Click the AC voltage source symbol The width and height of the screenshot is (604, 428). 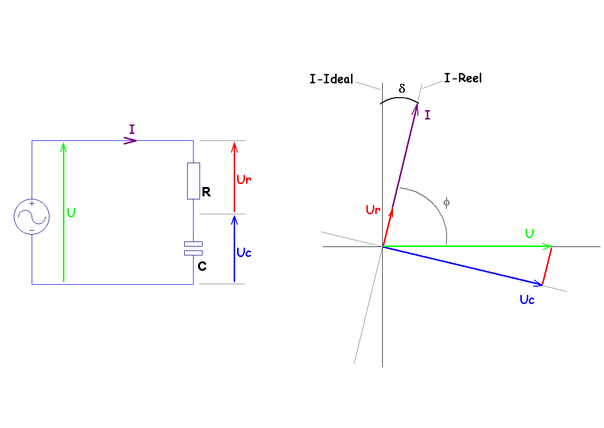point(32,216)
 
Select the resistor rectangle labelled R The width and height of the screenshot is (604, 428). point(193,181)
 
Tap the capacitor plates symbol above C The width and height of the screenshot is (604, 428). point(193,248)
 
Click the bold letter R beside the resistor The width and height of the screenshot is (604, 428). point(206,192)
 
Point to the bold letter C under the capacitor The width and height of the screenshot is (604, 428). point(202,266)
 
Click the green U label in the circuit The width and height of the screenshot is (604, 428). point(71,213)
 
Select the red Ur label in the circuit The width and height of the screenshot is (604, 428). point(244,180)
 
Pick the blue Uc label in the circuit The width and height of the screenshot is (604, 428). point(244,252)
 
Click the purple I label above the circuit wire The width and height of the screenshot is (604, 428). point(131,130)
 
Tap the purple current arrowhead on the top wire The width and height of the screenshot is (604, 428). point(131,141)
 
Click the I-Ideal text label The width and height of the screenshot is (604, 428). point(331,79)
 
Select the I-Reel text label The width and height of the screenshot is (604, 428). point(463,78)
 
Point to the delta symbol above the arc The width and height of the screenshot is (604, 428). point(402,89)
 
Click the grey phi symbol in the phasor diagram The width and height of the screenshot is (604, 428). point(447,202)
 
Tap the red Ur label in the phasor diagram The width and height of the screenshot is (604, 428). point(373,210)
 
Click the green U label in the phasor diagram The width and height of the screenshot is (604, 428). point(529,233)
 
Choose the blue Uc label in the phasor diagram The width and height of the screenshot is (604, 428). point(527,300)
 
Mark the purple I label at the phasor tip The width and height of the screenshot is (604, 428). point(427,115)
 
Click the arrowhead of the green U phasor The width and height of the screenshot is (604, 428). point(547,246)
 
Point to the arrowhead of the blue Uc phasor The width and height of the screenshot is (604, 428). point(538,284)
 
